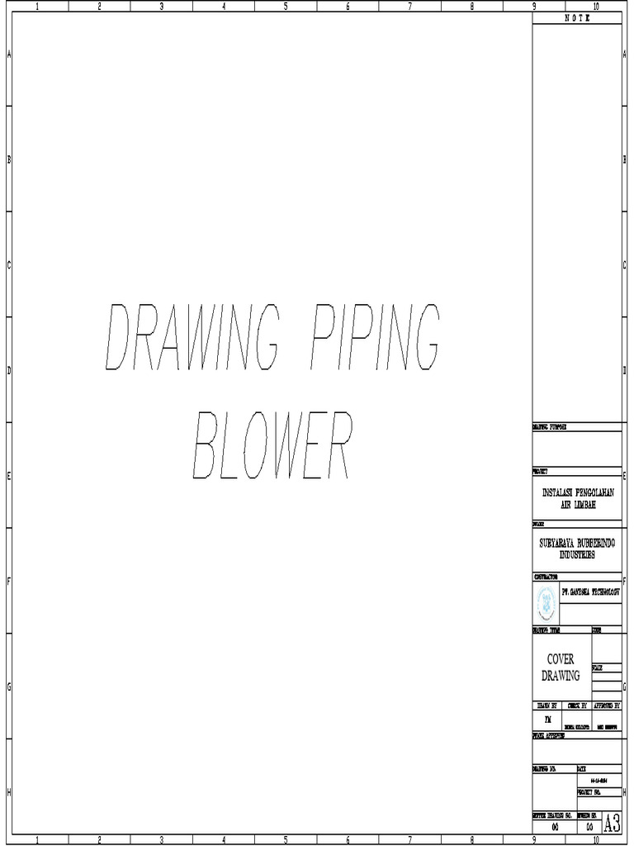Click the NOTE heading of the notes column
click(577, 17)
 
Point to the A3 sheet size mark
click(612, 824)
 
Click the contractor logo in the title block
click(546, 604)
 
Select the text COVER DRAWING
click(561, 668)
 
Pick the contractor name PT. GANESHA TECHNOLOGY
click(590, 592)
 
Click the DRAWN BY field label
click(547, 706)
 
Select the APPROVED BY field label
click(607, 706)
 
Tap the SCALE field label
click(597, 667)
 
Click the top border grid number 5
click(286, 7)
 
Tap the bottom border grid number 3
click(162, 840)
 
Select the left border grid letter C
click(8, 265)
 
